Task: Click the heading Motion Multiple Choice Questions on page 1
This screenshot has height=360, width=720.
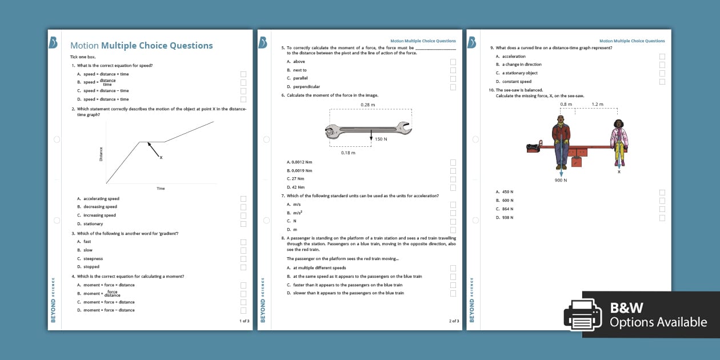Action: coord(141,46)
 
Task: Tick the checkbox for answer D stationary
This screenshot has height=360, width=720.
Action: coord(243,224)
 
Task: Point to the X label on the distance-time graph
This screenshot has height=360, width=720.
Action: coord(161,157)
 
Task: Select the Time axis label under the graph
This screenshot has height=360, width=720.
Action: coord(161,188)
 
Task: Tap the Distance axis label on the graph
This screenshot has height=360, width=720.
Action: coord(101,154)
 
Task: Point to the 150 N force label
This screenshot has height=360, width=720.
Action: coord(381,139)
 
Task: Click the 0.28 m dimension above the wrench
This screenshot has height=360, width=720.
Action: coord(368,105)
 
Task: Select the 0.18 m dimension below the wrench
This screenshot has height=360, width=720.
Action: coord(348,153)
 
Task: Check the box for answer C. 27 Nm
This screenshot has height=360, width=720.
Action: coord(453,179)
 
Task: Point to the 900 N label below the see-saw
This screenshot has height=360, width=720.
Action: coord(561,180)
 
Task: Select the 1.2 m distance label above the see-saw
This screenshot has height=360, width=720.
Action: coord(597,105)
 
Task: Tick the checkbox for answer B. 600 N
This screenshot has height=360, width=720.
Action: coord(662,201)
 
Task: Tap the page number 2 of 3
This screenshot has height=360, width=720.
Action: coord(454,321)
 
